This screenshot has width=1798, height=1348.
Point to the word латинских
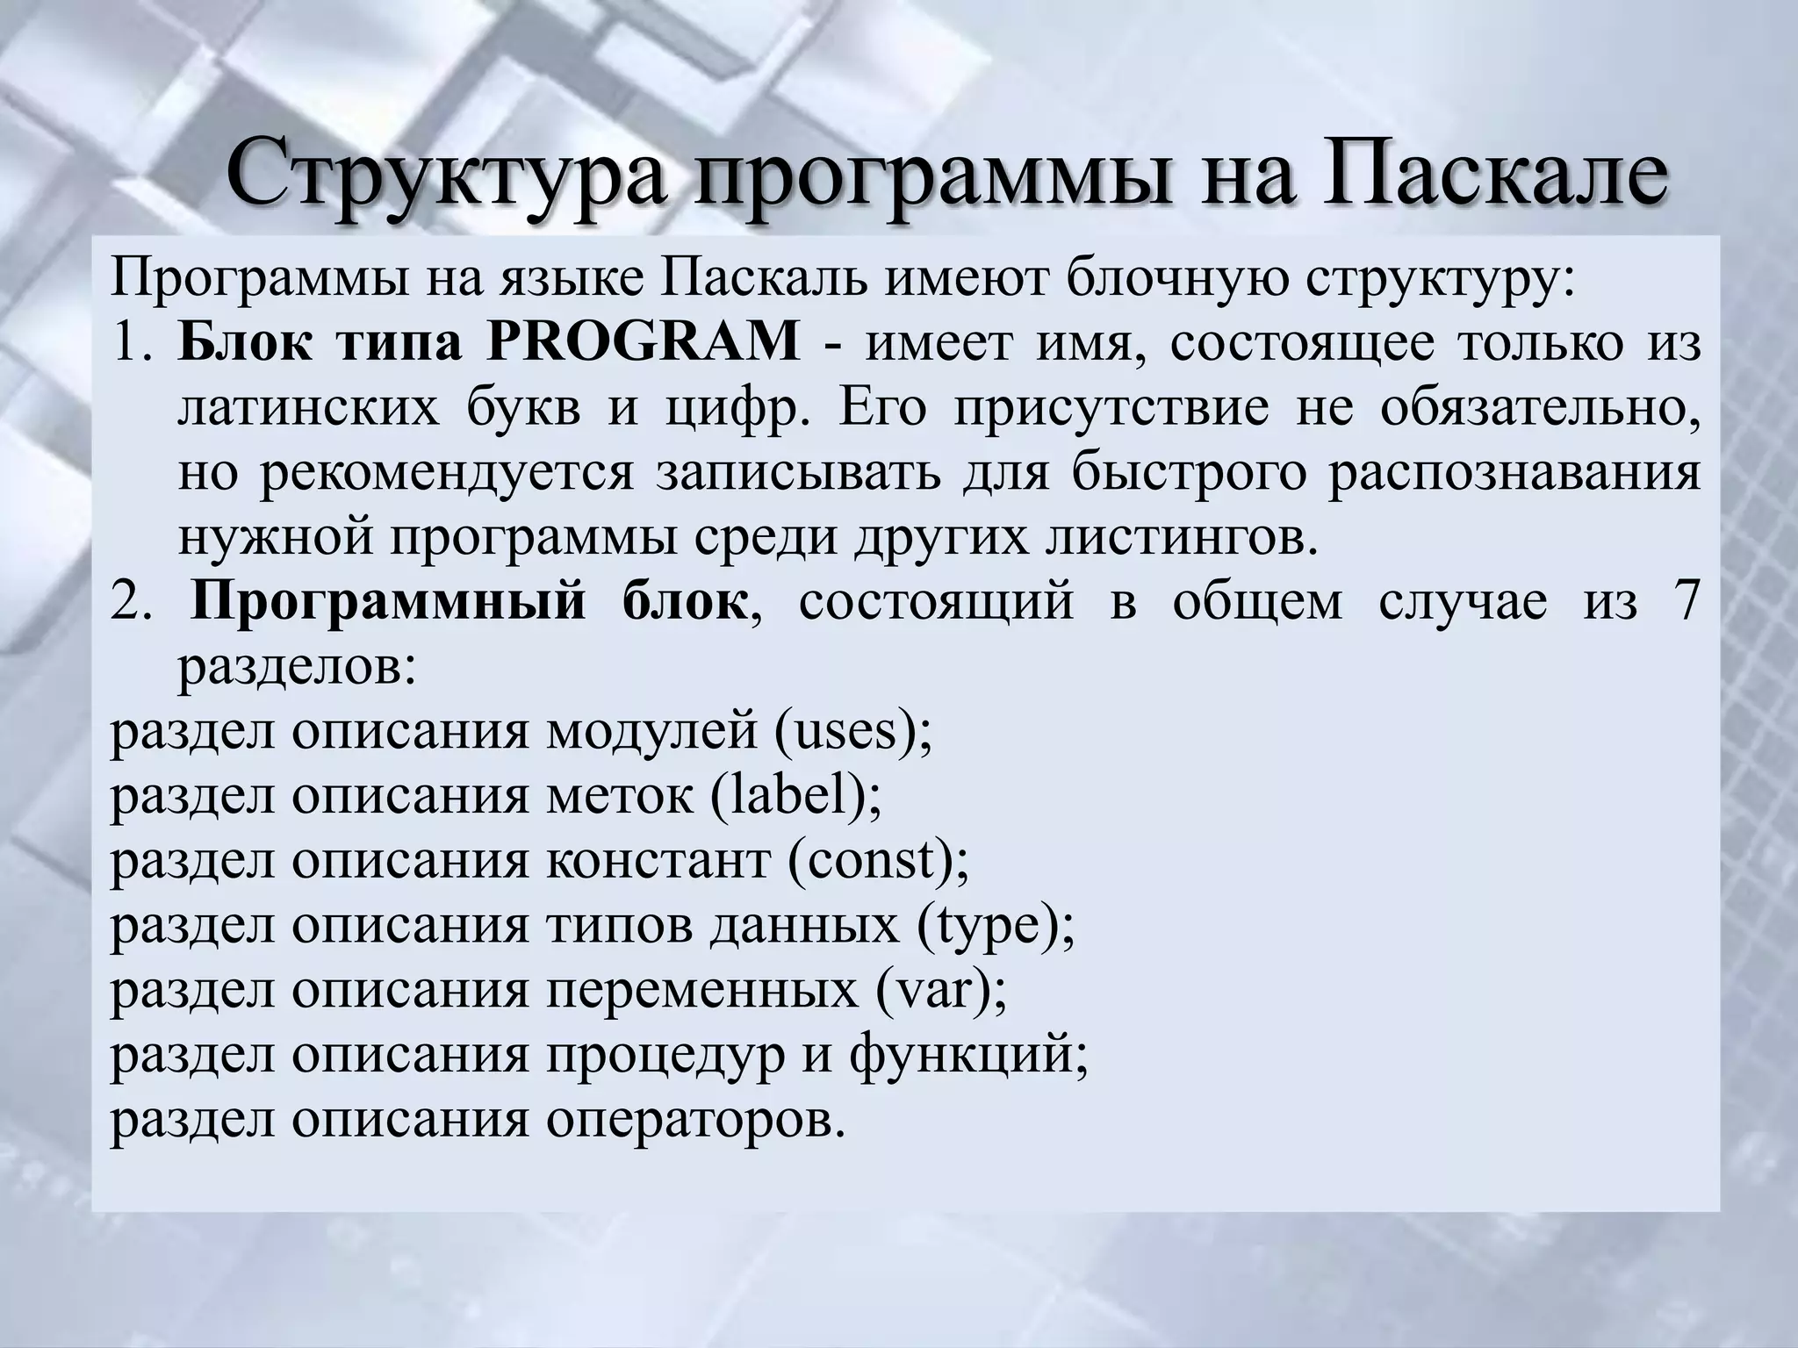[308, 409]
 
